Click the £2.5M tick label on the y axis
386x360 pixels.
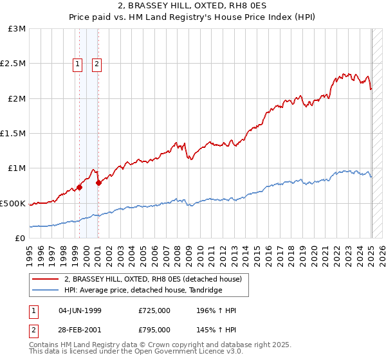(x=12, y=64)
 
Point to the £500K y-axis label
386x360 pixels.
(x=12, y=203)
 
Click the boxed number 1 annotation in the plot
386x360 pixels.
(x=78, y=64)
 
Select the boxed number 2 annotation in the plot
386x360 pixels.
(x=96, y=64)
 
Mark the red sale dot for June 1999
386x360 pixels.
(x=79, y=188)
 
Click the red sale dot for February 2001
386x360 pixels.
(x=98, y=183)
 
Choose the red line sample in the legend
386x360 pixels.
(x=45, y=280)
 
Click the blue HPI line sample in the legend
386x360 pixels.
(x=45, y=291)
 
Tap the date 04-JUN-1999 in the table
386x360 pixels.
(x=80, y=310)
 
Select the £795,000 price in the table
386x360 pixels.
(x=154, y=330)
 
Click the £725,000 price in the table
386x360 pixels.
(x=154, y=310)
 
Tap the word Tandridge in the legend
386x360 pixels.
(x=205, y=291)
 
